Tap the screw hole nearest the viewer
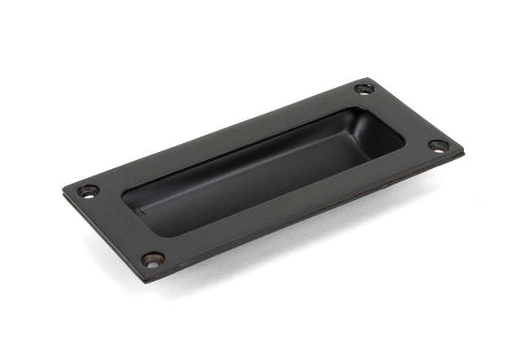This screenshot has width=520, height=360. coord(153,259)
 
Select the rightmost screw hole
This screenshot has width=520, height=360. coord(438,146)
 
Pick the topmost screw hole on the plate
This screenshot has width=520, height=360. coord(365,89)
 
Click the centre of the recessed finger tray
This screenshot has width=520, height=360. coord(260,171)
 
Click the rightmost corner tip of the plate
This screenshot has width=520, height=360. coord(463,153)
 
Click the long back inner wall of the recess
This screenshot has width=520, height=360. coord(244,142)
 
